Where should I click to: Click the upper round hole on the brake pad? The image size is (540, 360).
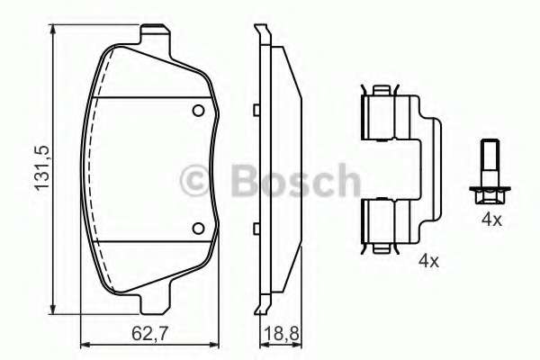pyautogui.click(x=199, y=112)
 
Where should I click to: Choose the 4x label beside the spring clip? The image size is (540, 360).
pyautogui.click(x=427, y=262)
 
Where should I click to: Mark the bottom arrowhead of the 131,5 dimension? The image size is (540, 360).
pyautogui.click(x=54, y=316)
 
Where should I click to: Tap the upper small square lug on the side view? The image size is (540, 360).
pyautogui.click(x=256, y=111)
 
